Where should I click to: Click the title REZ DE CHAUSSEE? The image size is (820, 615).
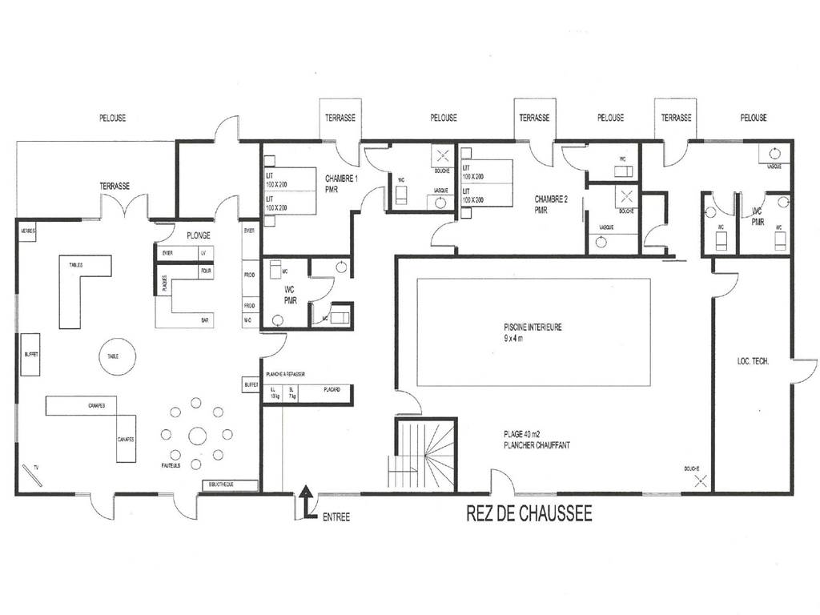tap(529, 514)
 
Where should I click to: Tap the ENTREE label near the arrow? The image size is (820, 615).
tap(336, 517)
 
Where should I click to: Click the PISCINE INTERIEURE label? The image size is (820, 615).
tap(533, 327)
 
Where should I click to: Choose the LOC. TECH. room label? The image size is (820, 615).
tap(753, 362)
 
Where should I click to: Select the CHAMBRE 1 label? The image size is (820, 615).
tap(341, 178)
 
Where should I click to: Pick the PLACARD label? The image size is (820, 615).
tap(332, 390)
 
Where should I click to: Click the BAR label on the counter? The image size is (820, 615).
tap(206, 320)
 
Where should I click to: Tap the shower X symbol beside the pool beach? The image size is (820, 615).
tap(701, 480)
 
